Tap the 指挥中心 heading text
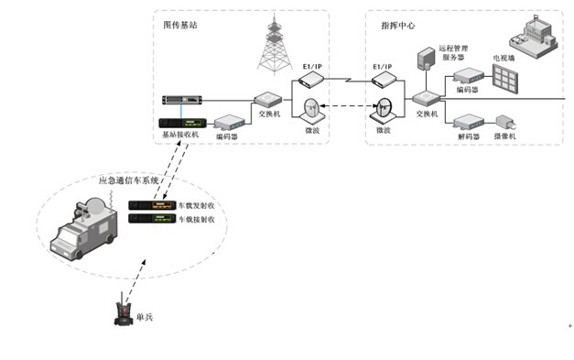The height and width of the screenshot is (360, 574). tap(399, 26)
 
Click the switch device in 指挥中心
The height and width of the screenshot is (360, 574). tap(427, 97)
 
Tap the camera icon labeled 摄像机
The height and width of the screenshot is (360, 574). tap(505, 121)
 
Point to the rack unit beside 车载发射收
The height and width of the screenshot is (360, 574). tap(152, 206)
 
